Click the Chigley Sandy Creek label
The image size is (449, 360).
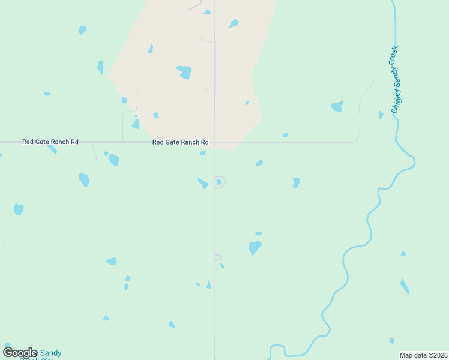(x=394, y=79)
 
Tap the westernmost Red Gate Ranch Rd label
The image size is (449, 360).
(x=50, y=142)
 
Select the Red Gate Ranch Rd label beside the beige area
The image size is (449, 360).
(x=180, y=142)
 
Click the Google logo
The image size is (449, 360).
(x=20, y=353)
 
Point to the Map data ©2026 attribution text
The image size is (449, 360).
(x=423, y=355)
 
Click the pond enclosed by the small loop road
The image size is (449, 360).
(x=218, y=182)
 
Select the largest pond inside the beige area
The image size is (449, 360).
(x=184, y=72)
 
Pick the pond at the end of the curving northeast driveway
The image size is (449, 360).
(x=337, y=107)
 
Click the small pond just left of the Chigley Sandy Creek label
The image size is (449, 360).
(x=381, y=115)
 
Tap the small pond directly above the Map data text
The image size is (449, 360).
(x=392, y=341)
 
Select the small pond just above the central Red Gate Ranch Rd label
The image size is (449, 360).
(x=156, y=115)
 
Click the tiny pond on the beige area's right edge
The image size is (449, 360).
(x=247, y=103)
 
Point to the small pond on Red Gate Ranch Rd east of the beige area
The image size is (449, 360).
(x=286, y=136)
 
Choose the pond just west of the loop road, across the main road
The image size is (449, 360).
(x=203, y=183)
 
